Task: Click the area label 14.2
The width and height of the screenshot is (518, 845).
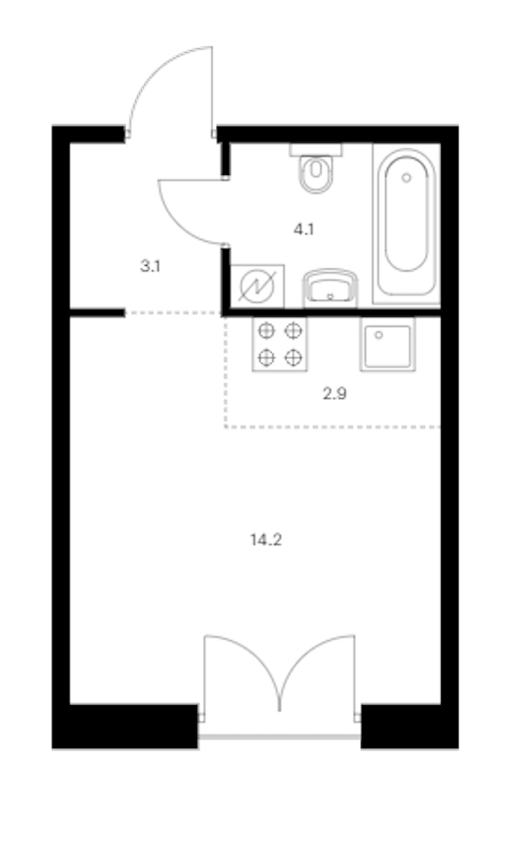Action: [266, 539]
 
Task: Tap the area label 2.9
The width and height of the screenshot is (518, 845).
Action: [335, 394]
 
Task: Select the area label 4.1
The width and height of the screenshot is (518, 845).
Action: [304, 230]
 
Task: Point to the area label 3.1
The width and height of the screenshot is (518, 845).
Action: [150, 266]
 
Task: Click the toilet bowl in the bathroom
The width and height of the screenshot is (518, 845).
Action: [316, 174]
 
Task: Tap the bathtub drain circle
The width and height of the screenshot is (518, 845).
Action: [407, 177]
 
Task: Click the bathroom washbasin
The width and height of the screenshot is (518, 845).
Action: [330, 288]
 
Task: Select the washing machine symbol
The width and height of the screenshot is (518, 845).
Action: [257, 287]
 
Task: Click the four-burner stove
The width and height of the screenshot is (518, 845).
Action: [280, 344]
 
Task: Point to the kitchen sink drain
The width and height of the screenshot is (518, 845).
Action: [379, 335]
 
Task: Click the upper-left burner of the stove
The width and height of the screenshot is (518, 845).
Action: [266, 331]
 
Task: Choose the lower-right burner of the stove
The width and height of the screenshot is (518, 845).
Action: [294, 357]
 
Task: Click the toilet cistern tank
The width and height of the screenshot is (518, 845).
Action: [316, 150]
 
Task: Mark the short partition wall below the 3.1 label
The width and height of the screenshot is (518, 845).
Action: [98, 312]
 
